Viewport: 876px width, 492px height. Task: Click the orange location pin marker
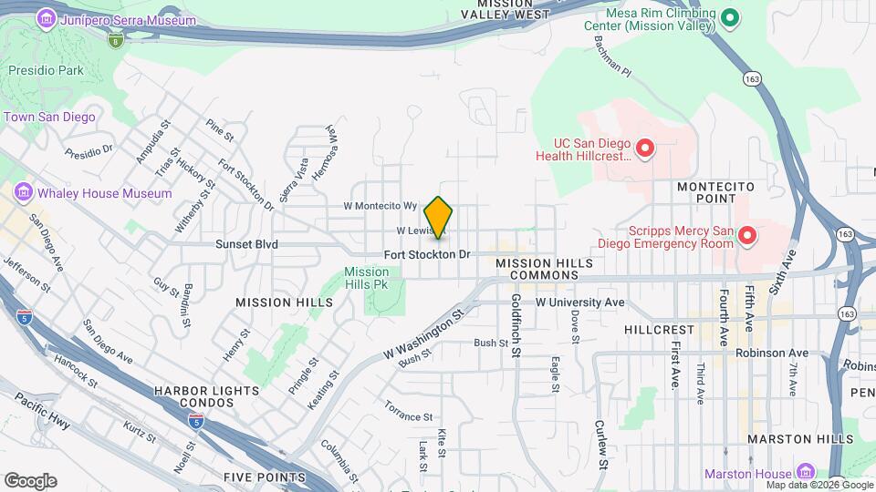point(439,217)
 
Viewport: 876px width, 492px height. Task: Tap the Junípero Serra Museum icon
point(47,18)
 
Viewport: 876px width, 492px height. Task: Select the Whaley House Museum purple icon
point(24,193)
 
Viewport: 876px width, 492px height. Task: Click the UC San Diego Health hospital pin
point(645,148)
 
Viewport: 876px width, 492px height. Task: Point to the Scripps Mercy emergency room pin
point(747,237)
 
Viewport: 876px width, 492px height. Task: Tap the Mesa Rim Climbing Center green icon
point(729,18)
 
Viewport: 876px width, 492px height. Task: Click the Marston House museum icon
point(805,473)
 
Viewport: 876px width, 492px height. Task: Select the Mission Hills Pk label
point(367,278)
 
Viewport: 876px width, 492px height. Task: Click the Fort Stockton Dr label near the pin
point(426,254)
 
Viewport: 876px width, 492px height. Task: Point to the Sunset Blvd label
point(246,244)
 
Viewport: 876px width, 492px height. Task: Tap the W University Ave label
point(579,302)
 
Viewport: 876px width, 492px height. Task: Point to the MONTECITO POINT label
point(715,191)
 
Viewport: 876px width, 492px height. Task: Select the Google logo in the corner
point(30,480)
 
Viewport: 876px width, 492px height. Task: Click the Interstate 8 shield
point(115,40)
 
